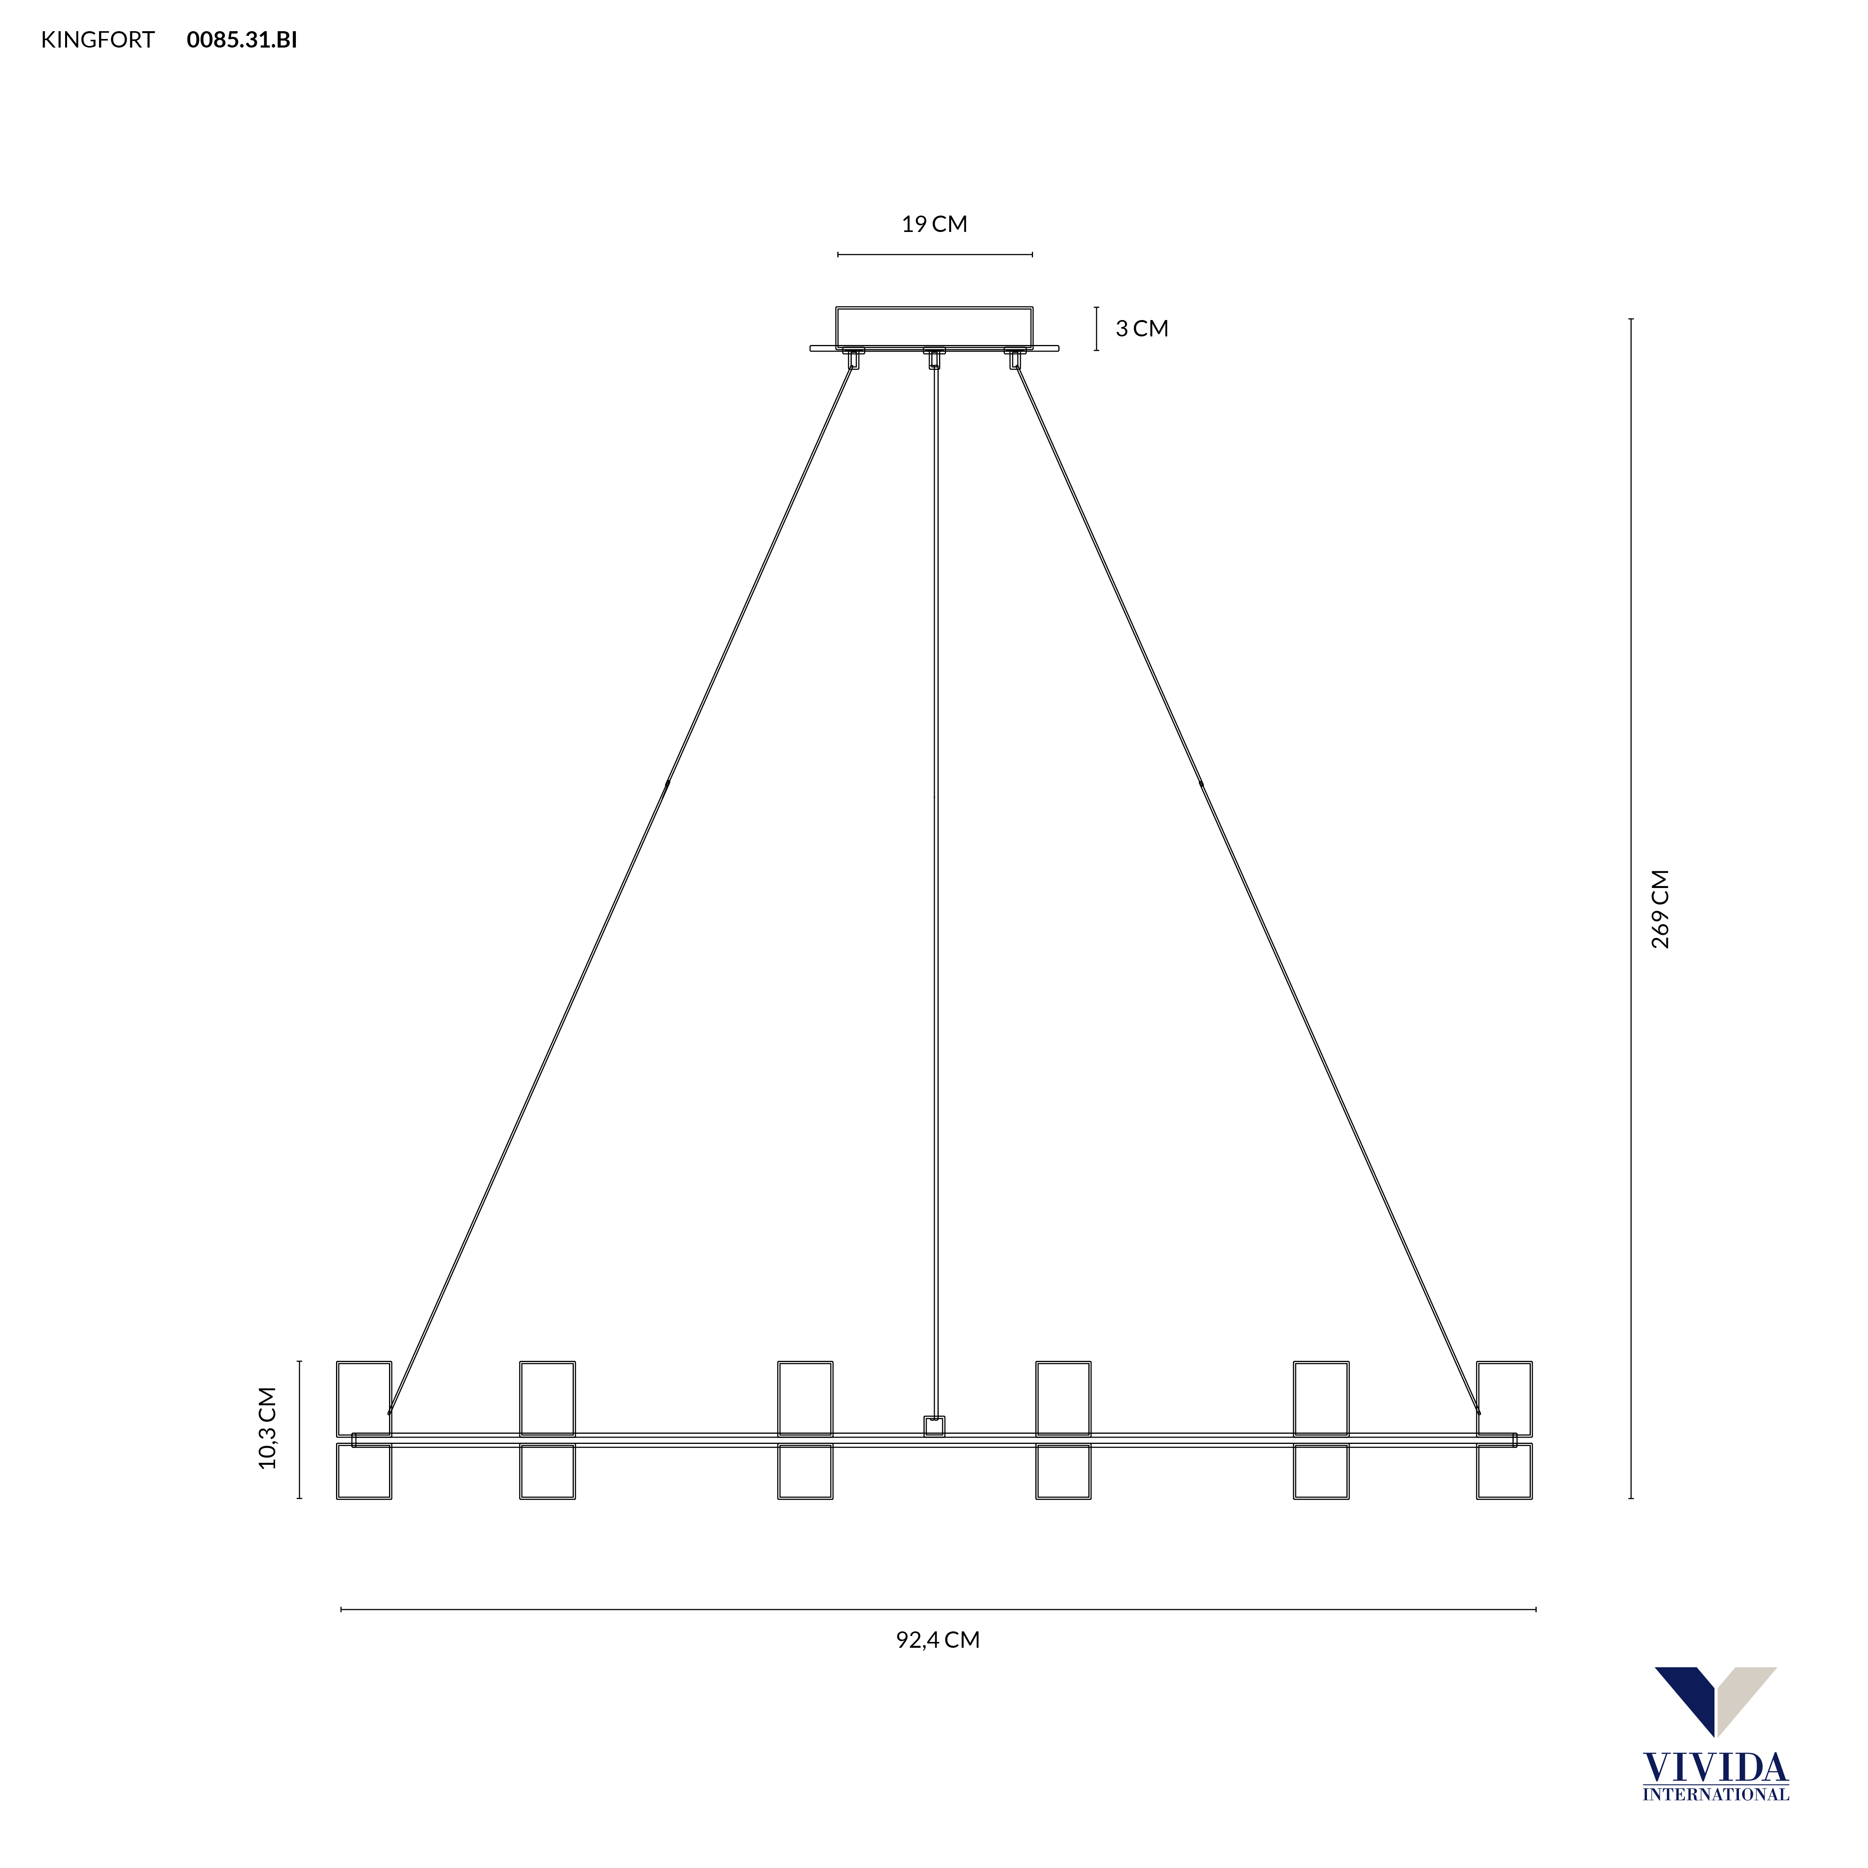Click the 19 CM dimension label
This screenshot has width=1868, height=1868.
[x=934, y=224]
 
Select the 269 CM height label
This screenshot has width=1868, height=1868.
[x=1660, y=909]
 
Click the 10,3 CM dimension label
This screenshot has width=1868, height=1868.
[x=268, y=1428]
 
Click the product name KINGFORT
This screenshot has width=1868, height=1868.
[x=98, y=40]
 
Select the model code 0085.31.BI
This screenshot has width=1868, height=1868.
[x=242, y=40]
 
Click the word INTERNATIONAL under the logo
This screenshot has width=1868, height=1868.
[x=1715, y=1794]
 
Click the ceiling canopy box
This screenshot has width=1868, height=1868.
[x=934, y=327]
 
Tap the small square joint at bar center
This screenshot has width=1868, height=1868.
[x=934, y=1426]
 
